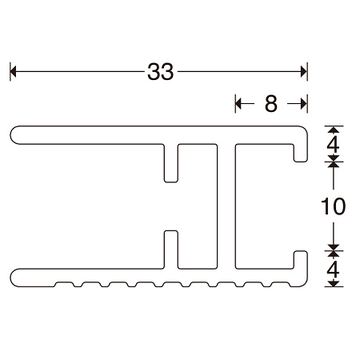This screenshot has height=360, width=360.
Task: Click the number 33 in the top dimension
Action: (x=161, y=72)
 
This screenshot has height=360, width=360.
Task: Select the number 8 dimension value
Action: (x=270, y=102)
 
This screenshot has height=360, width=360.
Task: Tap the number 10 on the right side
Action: (x=333, y=206)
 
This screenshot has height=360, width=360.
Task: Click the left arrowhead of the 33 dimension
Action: (x=14, y=72)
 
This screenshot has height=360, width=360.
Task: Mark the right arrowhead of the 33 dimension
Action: (x=303, y=72)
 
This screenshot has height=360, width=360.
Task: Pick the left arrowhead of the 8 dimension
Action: (x=239, y=102)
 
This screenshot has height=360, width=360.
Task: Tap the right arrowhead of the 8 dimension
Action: (x=302, y=102)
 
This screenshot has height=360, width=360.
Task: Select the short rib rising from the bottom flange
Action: (x=170, y=248)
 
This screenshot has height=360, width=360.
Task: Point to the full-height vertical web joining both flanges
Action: (x=227, y=206)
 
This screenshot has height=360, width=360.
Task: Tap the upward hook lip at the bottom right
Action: (x=302, y=260)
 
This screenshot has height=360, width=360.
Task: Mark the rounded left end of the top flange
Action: (x=16, y=134)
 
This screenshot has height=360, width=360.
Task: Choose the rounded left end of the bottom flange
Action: (x=16, y=274)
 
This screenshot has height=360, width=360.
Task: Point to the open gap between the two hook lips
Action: (x=302, y=206)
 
